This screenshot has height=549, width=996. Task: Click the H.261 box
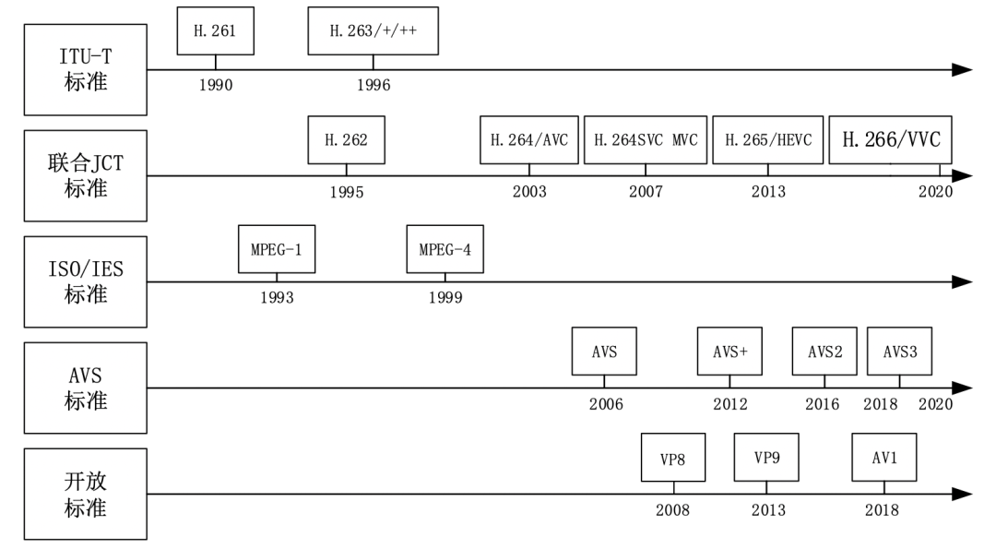coord(216,30)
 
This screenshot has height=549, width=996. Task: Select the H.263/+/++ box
coord(373,30)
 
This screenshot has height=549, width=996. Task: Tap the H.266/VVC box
coord(890,139)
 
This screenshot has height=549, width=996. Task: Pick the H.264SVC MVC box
coord(646,139)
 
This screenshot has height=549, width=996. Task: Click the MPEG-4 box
coord(445,248)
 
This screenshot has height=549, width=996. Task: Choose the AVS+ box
coord(729,351)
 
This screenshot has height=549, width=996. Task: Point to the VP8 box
coord(672,459)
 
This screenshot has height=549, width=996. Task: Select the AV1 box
coord(883,459)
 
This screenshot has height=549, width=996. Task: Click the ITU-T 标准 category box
coord(86,69)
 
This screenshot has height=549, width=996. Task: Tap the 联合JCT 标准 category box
coord(86,176)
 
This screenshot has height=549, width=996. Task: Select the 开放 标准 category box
coord(86,495)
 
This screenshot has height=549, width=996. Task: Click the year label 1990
coord(215,85)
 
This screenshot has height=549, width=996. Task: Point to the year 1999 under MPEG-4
coord(445,297)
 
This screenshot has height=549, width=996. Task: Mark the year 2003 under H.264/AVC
coord(529,192)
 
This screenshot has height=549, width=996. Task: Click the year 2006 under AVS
coord(606,404)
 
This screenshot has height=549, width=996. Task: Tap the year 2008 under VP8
coord(672,510)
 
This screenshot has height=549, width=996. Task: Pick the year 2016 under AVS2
coord(822,404)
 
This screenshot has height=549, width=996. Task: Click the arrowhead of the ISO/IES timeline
coord(961,281)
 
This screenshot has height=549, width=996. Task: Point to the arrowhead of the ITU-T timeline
coord(961,69)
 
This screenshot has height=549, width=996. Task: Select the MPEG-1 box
coord(276,248)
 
